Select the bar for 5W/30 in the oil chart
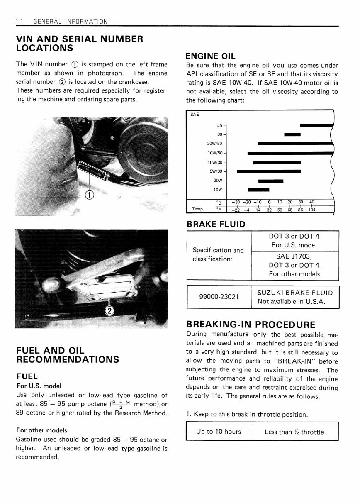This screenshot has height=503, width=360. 268,171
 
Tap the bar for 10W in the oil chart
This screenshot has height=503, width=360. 258,190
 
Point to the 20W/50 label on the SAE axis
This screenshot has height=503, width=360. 214,144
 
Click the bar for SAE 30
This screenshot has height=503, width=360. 292,134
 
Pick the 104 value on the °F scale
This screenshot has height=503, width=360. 312,210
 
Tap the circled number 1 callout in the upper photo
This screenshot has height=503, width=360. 90,194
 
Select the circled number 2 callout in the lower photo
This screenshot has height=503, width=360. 109,311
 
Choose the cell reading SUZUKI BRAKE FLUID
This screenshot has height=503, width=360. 295,293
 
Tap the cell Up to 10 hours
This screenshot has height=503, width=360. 218,432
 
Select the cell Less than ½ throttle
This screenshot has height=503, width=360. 294,432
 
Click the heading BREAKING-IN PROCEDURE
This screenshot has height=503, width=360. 251,324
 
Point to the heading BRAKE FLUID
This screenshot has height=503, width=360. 216,224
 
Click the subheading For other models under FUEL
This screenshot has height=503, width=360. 41,430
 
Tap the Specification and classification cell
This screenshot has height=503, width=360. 218,254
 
